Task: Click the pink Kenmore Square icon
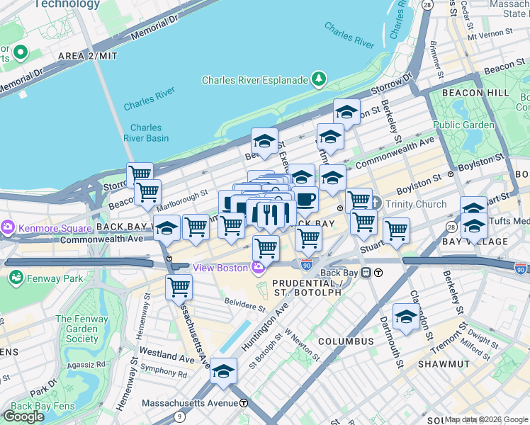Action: point(9,228)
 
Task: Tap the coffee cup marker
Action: point(306,200)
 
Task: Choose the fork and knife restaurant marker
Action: point(269,214)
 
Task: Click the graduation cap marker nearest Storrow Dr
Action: point(346,112)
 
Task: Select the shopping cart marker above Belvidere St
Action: point(179,288)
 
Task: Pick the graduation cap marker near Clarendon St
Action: point(406,317)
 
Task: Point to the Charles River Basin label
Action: point(146,133)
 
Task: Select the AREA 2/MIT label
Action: point(87,55)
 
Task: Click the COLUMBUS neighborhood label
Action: point(346,341)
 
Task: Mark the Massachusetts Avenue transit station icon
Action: point(244,402)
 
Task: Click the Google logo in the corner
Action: point(24,416)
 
